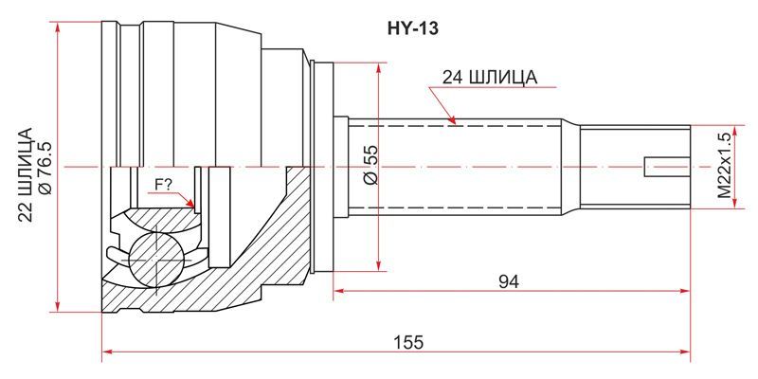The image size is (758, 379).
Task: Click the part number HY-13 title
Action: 412,29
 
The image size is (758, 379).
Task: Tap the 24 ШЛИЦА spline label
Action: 490,78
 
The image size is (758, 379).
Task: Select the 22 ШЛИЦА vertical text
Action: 27,175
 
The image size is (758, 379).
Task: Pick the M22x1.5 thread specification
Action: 724,166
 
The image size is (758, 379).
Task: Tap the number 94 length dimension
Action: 510,281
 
